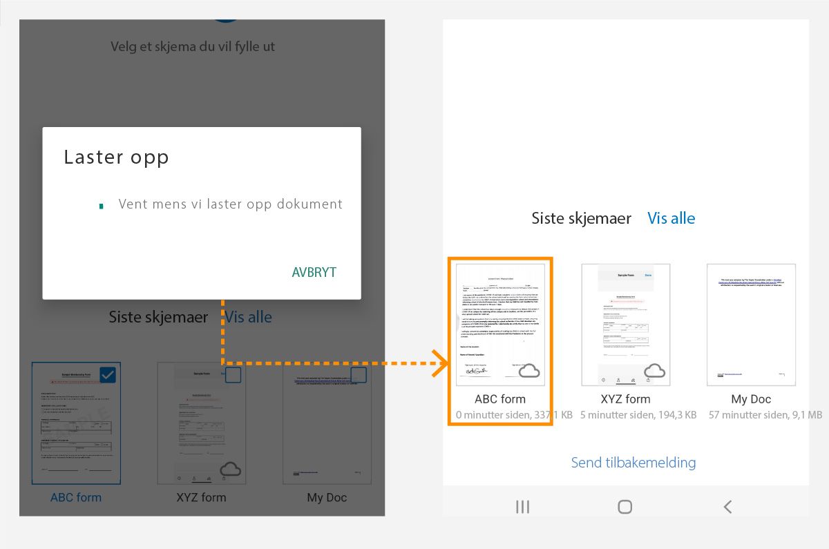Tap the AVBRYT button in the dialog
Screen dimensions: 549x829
(314, 272)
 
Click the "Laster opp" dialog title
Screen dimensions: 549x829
(116, 157)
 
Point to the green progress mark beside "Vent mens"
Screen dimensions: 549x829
(102, 206)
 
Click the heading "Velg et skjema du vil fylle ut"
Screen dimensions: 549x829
(193, 47)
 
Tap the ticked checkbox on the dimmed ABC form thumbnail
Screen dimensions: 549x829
(108, 375)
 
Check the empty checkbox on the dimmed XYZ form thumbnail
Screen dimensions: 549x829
(234, 375)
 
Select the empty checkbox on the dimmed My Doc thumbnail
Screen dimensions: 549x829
(359, 375)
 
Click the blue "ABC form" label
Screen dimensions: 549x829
(76, 497)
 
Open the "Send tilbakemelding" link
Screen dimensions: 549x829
(633, 463)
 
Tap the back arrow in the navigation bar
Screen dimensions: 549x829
(727, 507)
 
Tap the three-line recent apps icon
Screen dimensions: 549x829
(523, 507)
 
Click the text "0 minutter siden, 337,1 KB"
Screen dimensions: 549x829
(514, 415)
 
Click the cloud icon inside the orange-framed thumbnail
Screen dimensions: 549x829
(529, 371)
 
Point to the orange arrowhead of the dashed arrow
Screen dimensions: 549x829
(441, 363)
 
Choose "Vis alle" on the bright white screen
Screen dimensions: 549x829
(671, 218)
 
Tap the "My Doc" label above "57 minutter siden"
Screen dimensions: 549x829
(751, 399)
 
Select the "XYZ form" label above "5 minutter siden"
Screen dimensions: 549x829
(625, 399)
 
